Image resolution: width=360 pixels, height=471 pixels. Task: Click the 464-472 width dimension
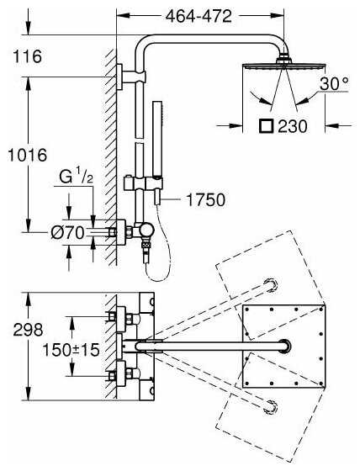199,16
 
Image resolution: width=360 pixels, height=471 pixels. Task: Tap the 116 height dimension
27,56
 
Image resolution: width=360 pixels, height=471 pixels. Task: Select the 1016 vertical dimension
28,155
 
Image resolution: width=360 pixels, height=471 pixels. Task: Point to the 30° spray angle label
334,83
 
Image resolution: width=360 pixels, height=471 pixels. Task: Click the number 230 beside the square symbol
293,126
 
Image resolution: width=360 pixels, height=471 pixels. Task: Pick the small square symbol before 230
267,126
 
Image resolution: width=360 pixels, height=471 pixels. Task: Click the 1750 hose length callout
205,199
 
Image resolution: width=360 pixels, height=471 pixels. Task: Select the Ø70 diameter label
67,232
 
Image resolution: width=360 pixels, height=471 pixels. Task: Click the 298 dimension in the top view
28,330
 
